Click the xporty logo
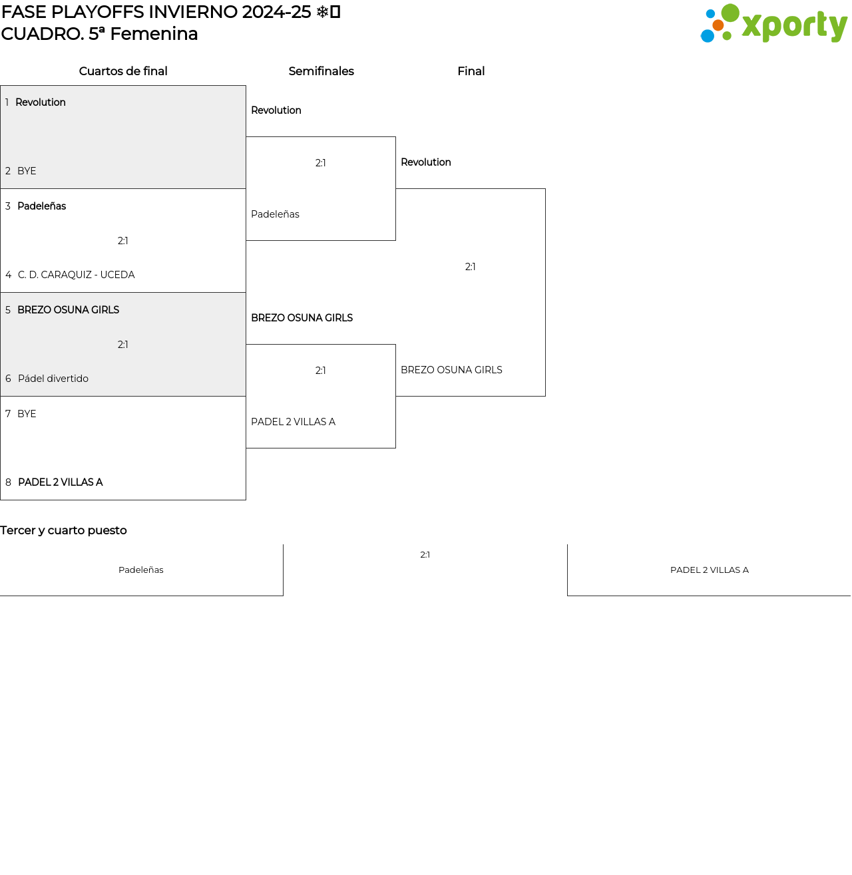pos(773,23)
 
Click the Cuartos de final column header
pos(122,71)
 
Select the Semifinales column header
pos(321,71)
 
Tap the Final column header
pos(471,71)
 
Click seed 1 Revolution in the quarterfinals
pos(41,102)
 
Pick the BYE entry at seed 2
pos(27,171)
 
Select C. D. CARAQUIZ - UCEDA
pos(76,275)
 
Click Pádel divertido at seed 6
pos(53,379)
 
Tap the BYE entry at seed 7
pos(27,414)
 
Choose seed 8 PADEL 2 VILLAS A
pos(61,482)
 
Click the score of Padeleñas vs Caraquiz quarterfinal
pos(122,241)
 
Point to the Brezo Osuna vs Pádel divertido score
pos(122,345)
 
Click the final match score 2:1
pos(470,267)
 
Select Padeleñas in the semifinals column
pos(275,214)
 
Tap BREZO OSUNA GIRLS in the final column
pos(451,370)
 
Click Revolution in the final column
pos(425,162)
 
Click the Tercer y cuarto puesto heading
pos(63,530)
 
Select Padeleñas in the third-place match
pos(141,570)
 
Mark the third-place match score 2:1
pos(425,555)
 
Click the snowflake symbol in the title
pos(322,12)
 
